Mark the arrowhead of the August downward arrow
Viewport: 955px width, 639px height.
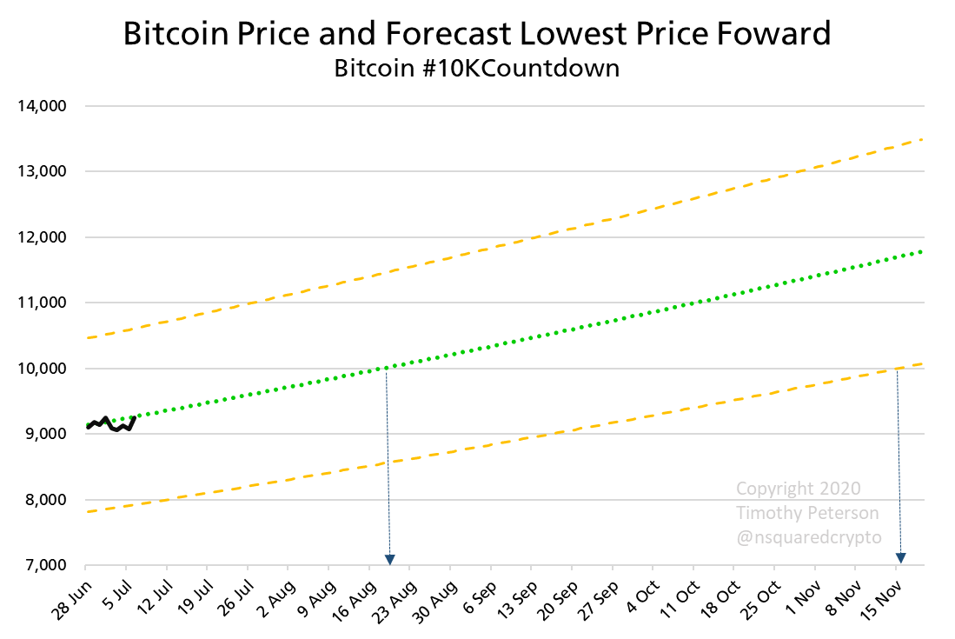coord(390,559)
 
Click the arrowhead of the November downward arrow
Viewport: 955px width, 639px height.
coord(901,557)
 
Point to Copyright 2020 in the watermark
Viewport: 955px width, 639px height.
coord(798,489)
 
